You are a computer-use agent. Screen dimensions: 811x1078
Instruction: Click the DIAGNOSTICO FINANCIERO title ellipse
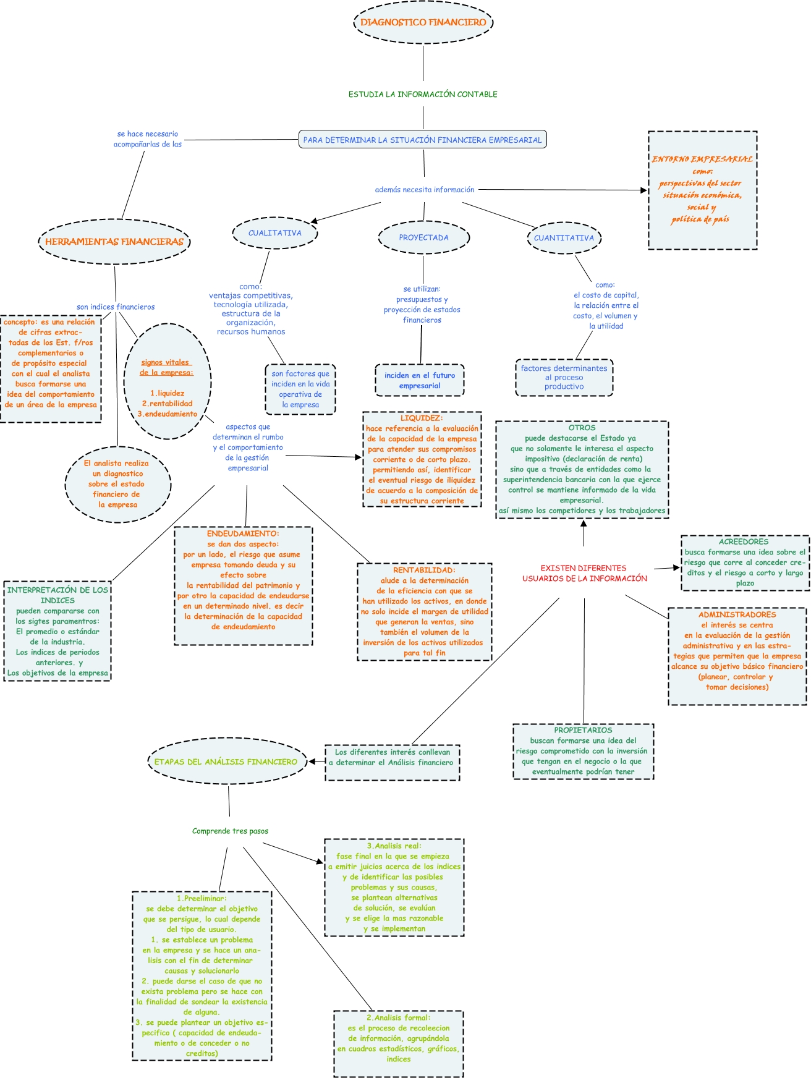[423, 22]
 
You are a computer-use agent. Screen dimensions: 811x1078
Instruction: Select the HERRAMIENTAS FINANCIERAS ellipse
[114, 242]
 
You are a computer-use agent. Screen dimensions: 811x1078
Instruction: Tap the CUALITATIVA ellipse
[275, 233]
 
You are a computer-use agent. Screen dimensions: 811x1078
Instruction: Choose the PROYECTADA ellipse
[423, 237]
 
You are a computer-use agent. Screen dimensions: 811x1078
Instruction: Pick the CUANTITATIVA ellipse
[564, 238]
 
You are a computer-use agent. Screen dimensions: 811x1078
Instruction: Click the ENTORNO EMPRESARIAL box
[702, 190]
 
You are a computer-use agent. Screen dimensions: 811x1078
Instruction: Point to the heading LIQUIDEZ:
[422, 418]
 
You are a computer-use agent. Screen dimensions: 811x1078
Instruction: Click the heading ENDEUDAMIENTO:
[243, 533]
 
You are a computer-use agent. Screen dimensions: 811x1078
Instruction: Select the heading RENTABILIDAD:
[424, 570]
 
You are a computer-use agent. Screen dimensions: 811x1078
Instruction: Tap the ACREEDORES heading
[744, 541]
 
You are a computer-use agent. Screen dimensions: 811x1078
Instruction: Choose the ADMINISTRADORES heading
[737, 614]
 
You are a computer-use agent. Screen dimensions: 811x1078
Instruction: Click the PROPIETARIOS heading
[583, 730]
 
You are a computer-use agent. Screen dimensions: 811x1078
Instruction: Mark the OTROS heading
[582, 428]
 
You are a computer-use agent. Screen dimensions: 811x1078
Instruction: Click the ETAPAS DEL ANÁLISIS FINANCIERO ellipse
[226, 762]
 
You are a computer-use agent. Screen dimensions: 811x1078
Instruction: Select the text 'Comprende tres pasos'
[230, 831]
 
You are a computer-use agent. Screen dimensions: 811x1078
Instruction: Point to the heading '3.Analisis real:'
[394, 846]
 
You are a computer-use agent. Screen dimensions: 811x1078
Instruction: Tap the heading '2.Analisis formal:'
[398, 1017]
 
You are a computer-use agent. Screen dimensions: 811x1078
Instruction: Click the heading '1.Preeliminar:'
[202, 898]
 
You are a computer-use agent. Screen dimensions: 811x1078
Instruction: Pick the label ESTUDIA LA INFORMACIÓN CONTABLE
[423, 95]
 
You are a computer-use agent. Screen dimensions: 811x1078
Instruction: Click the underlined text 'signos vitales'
[165, 363]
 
